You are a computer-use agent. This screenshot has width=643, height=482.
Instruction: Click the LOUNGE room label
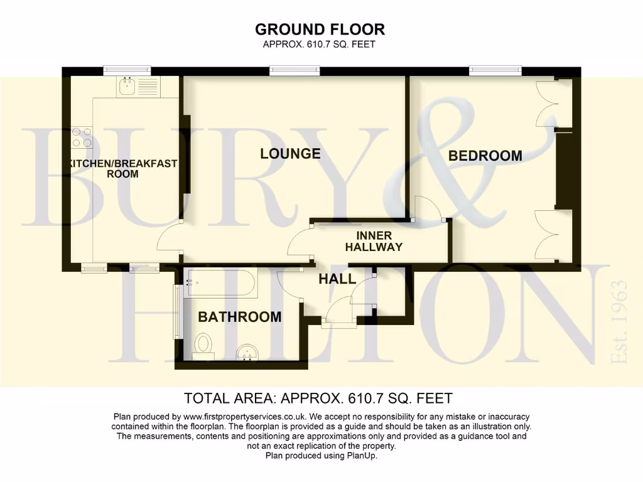290,154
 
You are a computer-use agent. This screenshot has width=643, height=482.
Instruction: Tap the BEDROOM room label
485,156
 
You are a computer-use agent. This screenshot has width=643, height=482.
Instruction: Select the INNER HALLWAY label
374,242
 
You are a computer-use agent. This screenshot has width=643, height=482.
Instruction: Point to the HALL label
337,279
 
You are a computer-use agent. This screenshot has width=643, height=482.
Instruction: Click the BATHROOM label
239,317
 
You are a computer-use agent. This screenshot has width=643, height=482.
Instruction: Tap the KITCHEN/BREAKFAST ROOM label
122,169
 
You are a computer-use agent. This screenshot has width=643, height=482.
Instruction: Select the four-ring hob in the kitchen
82,137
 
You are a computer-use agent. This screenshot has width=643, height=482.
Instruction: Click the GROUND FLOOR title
320,29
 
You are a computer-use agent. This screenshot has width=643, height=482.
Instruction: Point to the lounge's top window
294,71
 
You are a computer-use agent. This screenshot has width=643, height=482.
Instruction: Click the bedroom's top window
495,71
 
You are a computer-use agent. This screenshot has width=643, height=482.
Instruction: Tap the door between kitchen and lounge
168,242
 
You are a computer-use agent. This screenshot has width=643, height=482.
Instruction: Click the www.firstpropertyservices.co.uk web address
245,417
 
